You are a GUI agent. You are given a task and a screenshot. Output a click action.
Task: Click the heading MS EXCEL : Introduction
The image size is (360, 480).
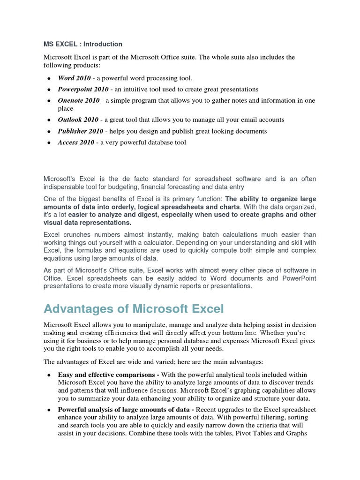pos(83,44)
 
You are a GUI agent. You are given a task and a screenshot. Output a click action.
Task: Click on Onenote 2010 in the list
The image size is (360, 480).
pos(79,100)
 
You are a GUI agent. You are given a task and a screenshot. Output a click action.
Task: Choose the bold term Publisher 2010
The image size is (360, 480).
pos(80,131)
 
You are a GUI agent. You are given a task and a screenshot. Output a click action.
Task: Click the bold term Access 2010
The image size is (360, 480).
pos(76,142)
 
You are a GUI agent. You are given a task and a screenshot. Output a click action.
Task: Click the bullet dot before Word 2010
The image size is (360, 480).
pos(49,78)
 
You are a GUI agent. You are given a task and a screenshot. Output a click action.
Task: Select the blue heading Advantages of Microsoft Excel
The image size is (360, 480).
pos(134,309)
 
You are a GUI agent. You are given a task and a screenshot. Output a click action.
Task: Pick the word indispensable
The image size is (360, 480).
pos(66,187)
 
